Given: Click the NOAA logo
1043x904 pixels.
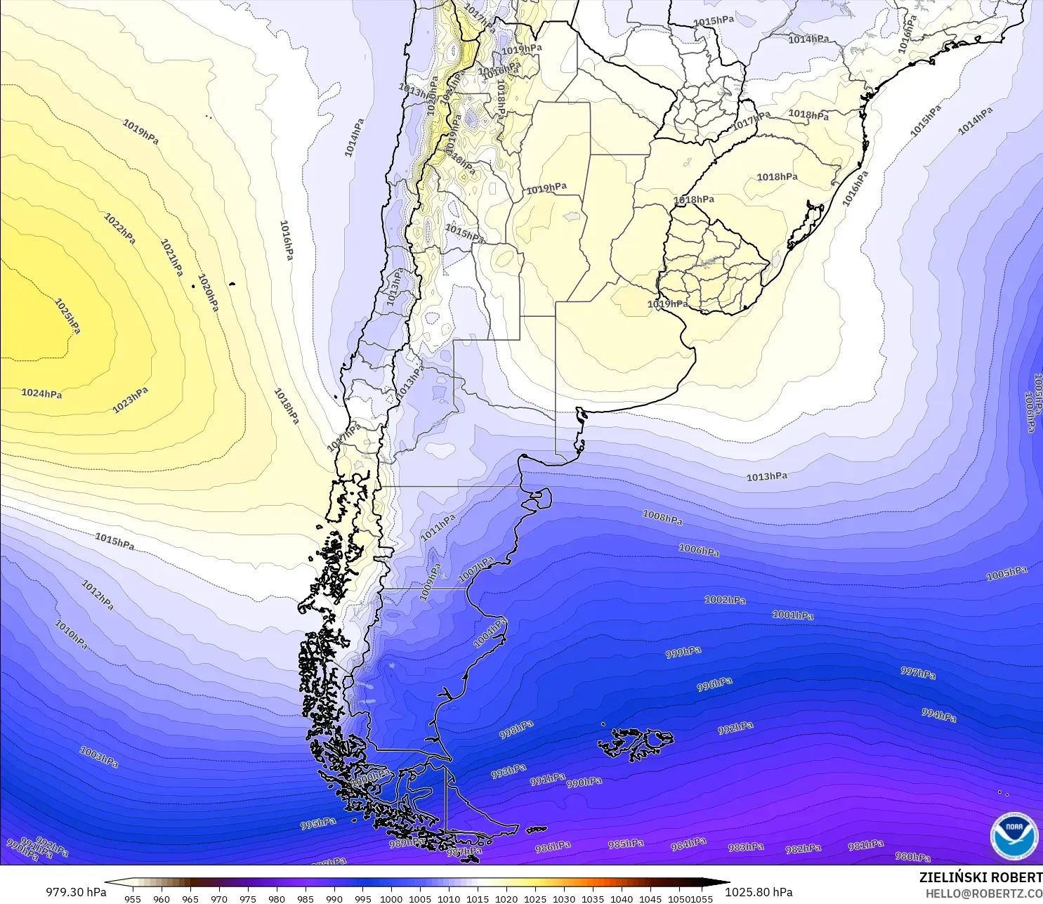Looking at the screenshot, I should (x=1014, y=836).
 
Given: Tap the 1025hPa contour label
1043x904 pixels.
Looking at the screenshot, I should (x=67, y=317).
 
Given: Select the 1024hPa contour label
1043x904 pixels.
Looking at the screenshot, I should (x=41, y=394).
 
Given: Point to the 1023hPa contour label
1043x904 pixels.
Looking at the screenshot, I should (x=131, y=400).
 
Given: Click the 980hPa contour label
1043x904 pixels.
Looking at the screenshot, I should (x=912, y=857).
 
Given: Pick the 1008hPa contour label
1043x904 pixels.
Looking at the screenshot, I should (x=662, y=518).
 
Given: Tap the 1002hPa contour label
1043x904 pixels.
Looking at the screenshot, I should (x=725, y=601).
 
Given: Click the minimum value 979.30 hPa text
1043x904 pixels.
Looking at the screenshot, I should (x=76, y=892).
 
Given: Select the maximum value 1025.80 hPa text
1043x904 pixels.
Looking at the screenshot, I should (x=759, y=892).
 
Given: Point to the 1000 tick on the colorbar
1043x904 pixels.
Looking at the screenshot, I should (x=391, y=898).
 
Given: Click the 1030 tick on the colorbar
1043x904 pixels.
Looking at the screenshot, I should (x=563, y=898).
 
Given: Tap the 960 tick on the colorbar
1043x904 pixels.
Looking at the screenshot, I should (x=162, y=898).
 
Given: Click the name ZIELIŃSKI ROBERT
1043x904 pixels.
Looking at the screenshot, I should (x=980, y=878).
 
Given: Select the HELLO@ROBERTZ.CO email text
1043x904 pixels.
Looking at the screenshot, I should (x=983, y=893).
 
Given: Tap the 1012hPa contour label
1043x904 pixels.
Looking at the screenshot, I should (x=98, y=595).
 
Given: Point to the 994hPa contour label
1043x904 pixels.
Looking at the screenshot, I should (x=938, y=716).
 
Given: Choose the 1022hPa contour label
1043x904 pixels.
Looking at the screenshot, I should (x=119, y=229).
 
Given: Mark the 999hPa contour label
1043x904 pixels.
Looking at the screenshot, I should (x=683, y=653).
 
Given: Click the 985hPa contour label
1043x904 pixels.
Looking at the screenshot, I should (x=626, y=844).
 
